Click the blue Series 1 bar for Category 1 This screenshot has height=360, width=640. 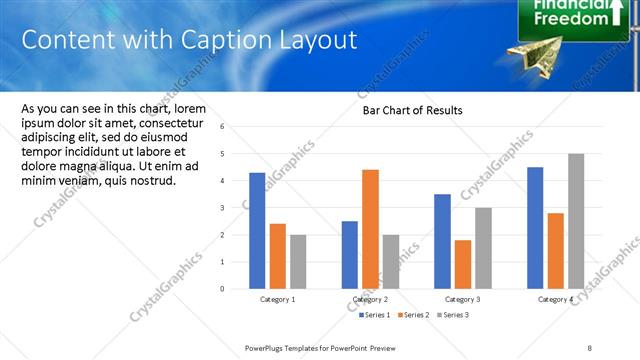tap(257, 230)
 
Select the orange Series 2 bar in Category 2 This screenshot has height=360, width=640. tap(370, 229)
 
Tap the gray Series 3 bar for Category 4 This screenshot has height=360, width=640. tap(576, 221)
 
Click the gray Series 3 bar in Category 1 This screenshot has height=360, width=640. tap(298, 261)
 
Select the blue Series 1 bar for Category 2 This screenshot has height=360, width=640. tap(349, 254)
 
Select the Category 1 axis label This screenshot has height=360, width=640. tap(277, 299)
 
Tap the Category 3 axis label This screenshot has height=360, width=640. tap(463, 299)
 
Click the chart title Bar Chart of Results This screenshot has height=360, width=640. tap(412, 110)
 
